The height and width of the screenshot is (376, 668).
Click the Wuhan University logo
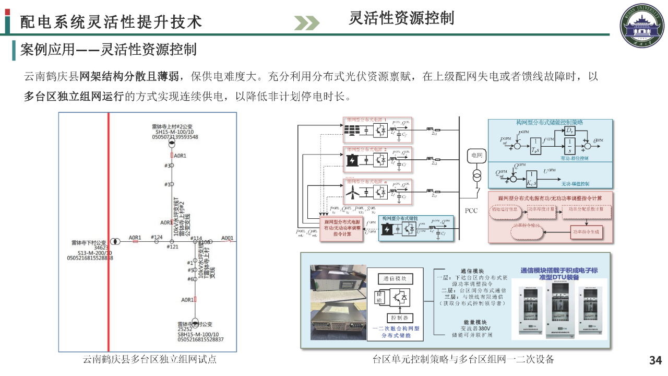(640, 25)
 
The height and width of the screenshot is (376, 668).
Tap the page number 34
(655, 360)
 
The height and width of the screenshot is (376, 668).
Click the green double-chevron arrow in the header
(306, 23)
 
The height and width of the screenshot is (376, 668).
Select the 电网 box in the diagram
(476, 155)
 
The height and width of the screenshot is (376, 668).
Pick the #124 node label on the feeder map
(157, 238)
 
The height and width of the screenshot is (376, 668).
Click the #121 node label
(173, 246)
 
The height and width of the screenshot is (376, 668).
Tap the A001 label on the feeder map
(227, 238)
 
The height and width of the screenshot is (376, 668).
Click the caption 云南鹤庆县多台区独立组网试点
(150, 359)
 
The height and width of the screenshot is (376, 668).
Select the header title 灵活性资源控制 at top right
(401, 18)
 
